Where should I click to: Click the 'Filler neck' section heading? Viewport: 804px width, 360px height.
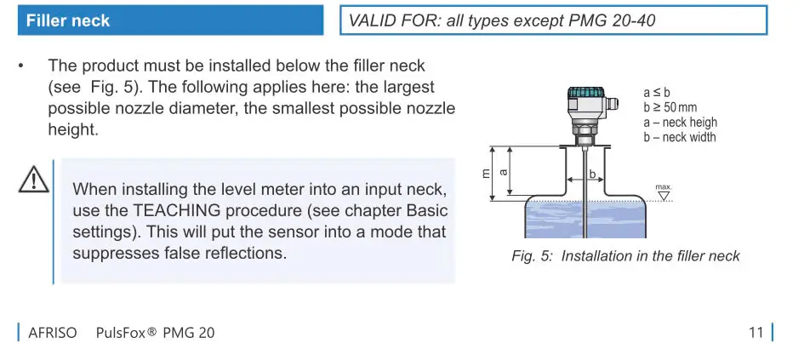(68, 20)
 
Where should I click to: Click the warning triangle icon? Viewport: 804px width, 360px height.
(33, 180)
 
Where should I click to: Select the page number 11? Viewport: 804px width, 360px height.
(756, 333)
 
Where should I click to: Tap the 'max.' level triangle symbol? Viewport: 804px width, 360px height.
(664, 196)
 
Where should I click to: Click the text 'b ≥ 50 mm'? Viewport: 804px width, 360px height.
(671, 106)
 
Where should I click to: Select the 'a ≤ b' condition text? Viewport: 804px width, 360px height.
(657, 92)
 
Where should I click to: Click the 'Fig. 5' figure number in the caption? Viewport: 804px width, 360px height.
(532, 256)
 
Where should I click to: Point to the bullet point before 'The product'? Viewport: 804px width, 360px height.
(25, 66)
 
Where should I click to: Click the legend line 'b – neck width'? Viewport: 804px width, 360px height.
(680, 137)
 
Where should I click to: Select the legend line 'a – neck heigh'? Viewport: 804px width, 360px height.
(680, 122)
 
